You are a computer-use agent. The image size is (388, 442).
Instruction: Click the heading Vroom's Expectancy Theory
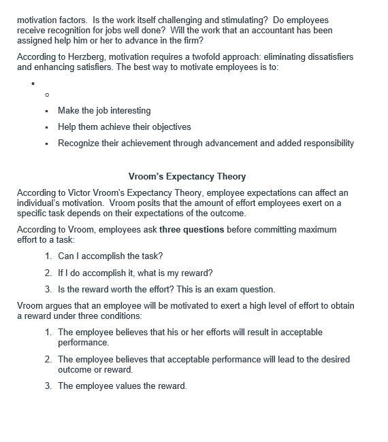[187, 177]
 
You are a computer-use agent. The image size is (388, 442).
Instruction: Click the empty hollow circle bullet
[47, 95]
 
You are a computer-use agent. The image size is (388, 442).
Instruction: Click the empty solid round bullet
[33, 84]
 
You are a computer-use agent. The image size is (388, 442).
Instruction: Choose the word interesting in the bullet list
[127, 111]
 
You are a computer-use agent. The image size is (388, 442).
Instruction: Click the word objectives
[167, 127]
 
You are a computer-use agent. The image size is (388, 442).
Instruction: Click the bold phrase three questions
[191, 230]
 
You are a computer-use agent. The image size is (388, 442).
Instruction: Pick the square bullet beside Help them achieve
[47, 127]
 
